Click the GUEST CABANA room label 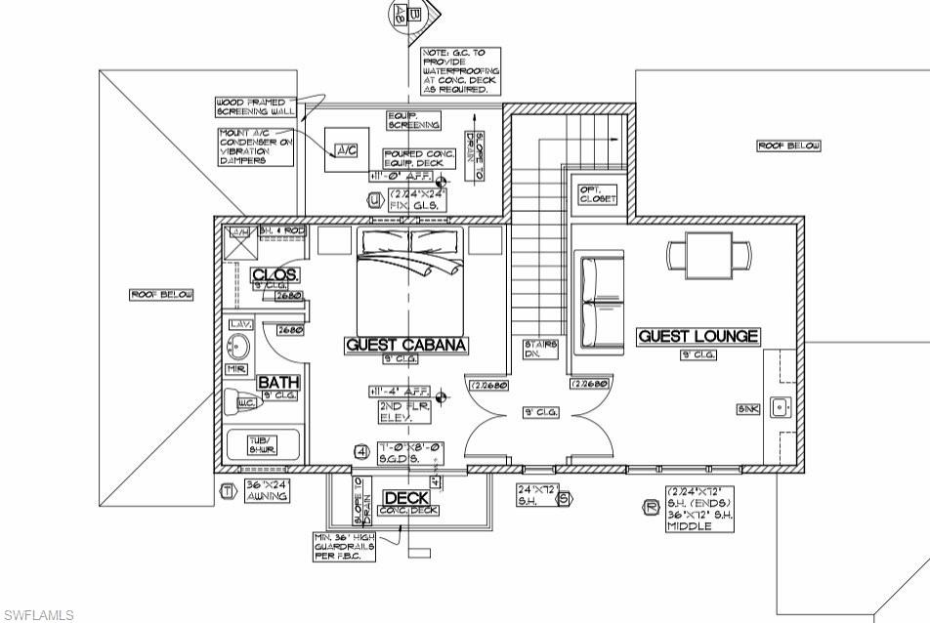pyautogui.click(x=406, y=345)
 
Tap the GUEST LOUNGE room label pyautogui.click(x=697, y=336)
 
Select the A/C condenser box pyautogui.click(x=347, y=150)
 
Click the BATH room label pyautogui.click(x=277, y=382)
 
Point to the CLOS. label pyautogui.click(x=275, y=274)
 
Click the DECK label pyautogui.click(x=406, y=498)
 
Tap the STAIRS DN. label pyautogui.click(x=540, y=349)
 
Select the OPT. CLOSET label pyautogui.click(x=598, y=193)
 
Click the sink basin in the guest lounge pyautogui.click(x=779, y=408)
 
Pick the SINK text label pyautogui.click(x=748, y=409)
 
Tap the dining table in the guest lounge pyautogui.click(x=709, y=256)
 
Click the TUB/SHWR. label pyautogui.click(x=262, y=445)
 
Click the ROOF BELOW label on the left pyautogui.click(x=162, y=295)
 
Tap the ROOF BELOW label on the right pyautogui.click(x=789, y=145)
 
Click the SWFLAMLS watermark pyautogui.click(x=37, y=615)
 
